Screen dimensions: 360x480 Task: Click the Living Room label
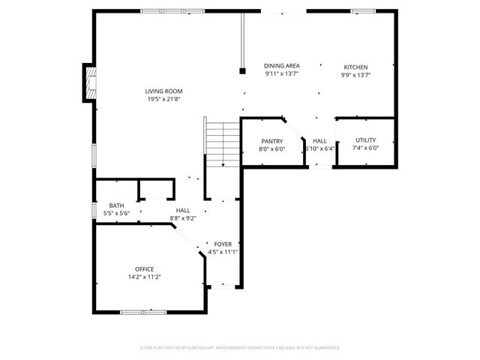tap(163, 91)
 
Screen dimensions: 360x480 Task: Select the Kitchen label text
tap(355, 67)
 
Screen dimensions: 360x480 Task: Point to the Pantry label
tap(271, 141)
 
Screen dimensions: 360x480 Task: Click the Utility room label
tap(365, 140)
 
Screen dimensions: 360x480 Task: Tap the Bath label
tap(116, 205)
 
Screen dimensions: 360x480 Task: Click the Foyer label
tap(223, 244)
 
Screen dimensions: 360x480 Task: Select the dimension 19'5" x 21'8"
tap(163, 99)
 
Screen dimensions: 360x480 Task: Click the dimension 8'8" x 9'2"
tap(183, 218)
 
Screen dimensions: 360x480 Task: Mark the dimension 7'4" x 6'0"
tap(365, 148)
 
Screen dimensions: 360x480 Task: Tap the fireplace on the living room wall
tap(90, 82)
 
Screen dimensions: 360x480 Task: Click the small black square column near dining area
tap(242, 72)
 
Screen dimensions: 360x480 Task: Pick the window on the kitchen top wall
tap(363, 11)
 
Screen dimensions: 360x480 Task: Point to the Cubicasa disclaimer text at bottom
tap(240, 347)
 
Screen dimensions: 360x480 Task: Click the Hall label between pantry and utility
tap(319, 141)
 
